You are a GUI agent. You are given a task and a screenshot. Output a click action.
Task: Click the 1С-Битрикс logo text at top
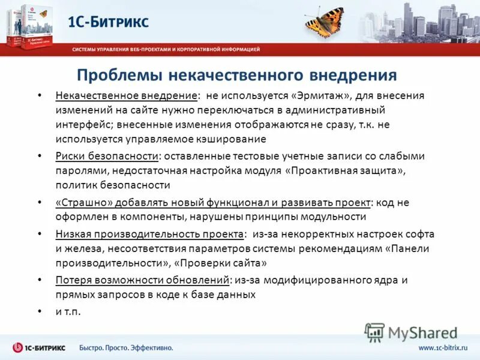coord(108,22)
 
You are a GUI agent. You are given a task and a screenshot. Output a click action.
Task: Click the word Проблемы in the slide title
coord(119,74)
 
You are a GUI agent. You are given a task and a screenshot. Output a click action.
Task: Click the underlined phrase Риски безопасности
coord(107,156)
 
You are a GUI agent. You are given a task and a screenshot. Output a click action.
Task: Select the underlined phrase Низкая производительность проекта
coord(151,233)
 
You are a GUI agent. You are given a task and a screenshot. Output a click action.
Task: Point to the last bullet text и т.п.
coord(68,311)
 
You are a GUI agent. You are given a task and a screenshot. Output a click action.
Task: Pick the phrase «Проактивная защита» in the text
coord(345,171)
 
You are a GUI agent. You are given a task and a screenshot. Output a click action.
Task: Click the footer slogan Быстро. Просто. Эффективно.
coord(127,348)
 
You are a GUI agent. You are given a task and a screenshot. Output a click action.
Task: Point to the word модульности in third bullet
coord(335,217)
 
